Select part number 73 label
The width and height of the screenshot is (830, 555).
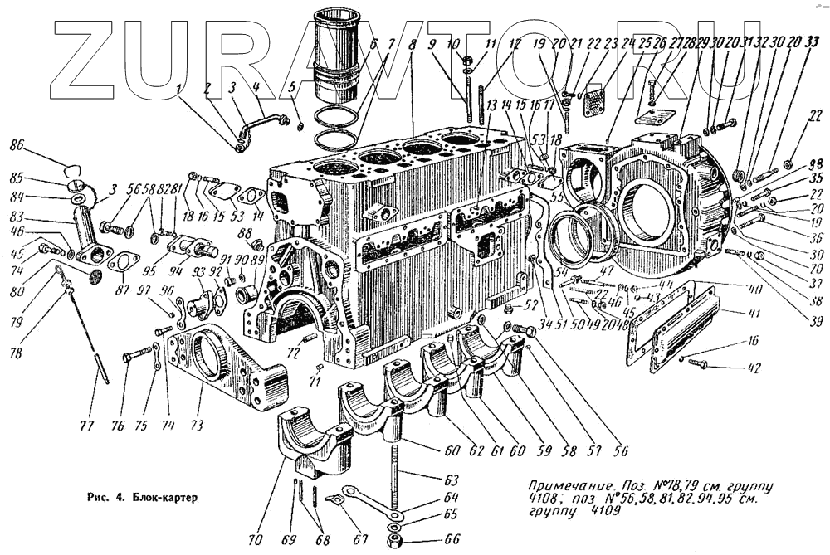(198, 425)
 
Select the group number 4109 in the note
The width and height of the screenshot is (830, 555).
(593, 512)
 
